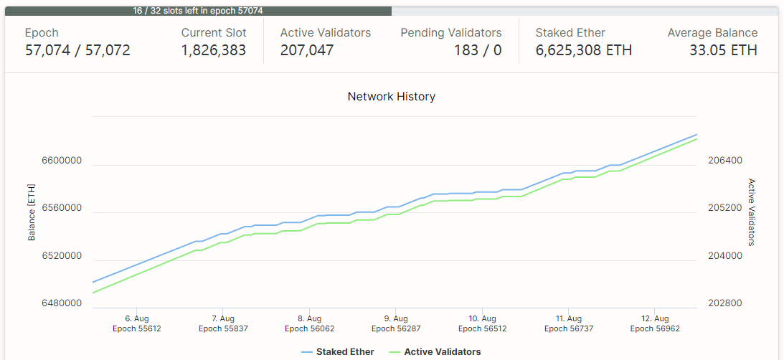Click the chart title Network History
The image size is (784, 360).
[391, 96]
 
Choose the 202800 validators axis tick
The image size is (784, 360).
[724, 303]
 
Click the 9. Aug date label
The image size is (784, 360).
[396, 318]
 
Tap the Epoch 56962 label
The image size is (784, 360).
[655, 328]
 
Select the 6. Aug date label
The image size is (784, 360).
[136, 318]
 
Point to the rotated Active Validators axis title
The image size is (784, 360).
[752, 212]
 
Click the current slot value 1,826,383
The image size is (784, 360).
[213, 50]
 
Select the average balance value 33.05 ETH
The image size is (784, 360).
[723, 50]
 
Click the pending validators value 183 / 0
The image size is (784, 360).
[477, 50]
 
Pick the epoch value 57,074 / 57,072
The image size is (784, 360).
[77, 50]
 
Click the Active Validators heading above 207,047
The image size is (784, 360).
[325, 33]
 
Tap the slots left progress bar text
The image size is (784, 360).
[199, 11]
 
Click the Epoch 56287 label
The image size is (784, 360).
[395, 328]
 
